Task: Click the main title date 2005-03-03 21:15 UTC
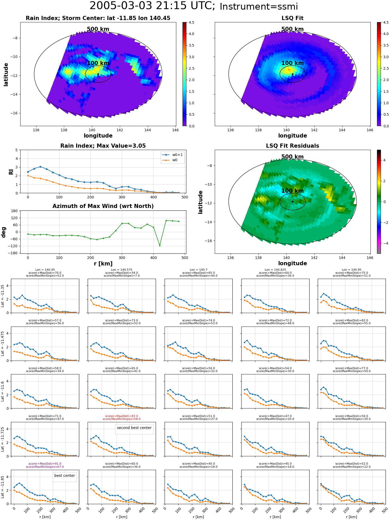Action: point(152,6)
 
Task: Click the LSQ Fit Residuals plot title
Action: point(292,146)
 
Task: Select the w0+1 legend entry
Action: point(172,155)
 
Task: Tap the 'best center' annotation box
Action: point(64,476)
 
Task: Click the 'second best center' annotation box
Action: point(134,428)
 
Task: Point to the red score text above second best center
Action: point(121,418)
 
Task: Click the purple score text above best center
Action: point(45,465)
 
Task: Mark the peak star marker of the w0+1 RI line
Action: point(40,167)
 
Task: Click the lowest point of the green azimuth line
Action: point(160,245)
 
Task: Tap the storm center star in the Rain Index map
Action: point(98,74)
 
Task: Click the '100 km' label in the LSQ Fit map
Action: point(292,63)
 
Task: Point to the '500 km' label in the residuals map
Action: point(292,157)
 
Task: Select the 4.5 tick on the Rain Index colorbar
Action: point(191,22)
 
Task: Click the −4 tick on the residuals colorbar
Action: point(384,243)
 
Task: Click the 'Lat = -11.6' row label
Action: point(3,391)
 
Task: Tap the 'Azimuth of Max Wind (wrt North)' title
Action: point(103,206)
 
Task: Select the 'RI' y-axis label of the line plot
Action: point(11,172)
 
